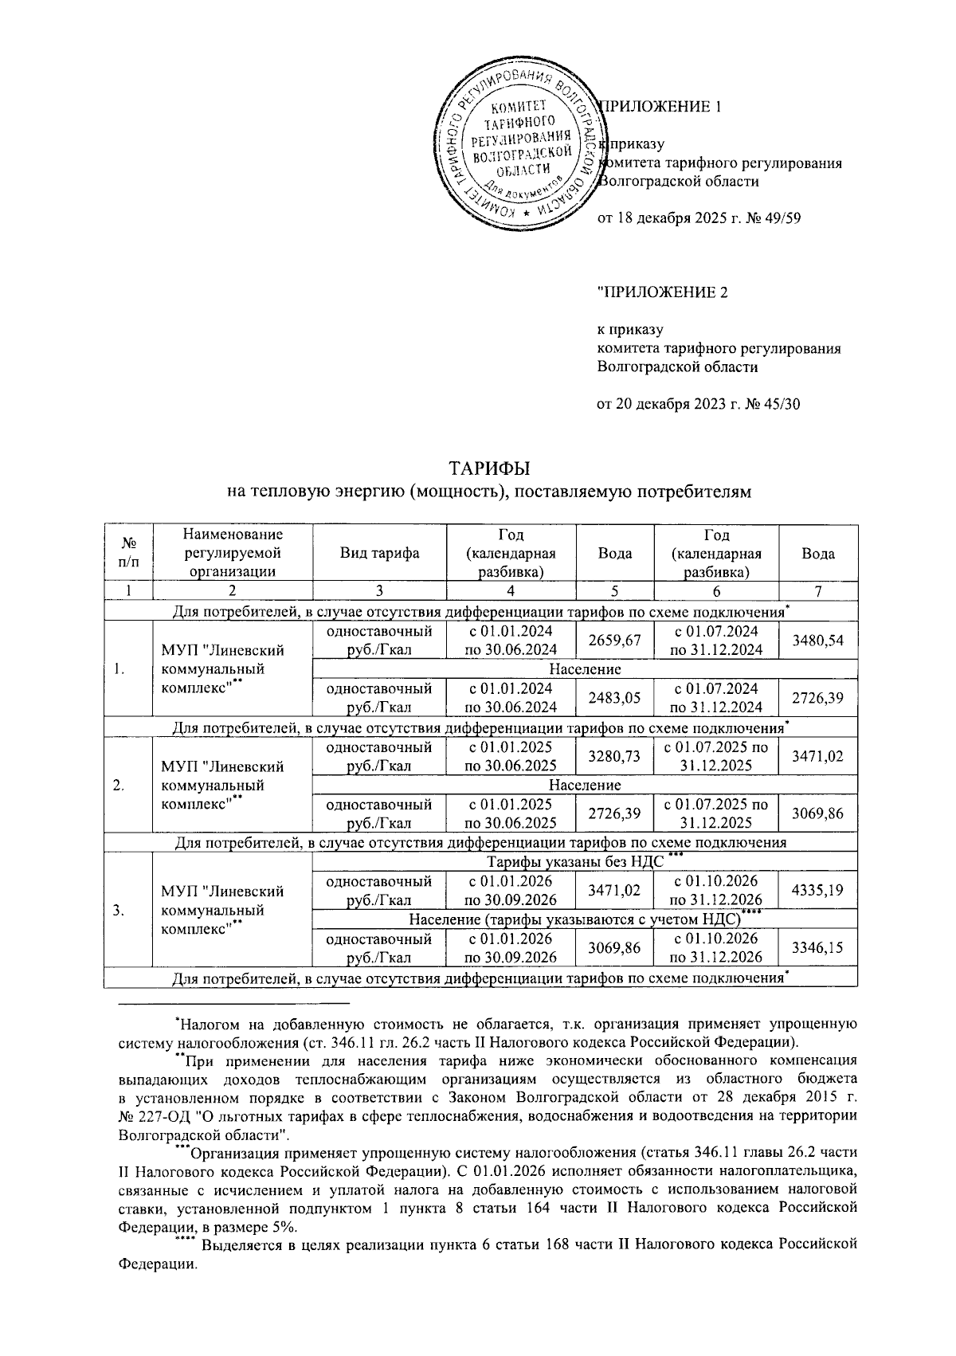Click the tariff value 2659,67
pyautogui.click(x=614, y=641)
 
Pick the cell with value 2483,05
pyautogui.click(x=614, y=698)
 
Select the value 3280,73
pyautogui.click(x=614, y=756)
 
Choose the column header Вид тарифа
pyautogui.click(x=379, y=553)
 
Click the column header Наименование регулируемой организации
pyautogui.click(x=232, y=552)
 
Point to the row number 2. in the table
pyautogui.click(x=119, y=786)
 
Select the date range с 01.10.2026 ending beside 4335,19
pyautogui.click(x=716, y=891)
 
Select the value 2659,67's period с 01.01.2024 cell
pyautogui.click(x=510, y=641)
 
